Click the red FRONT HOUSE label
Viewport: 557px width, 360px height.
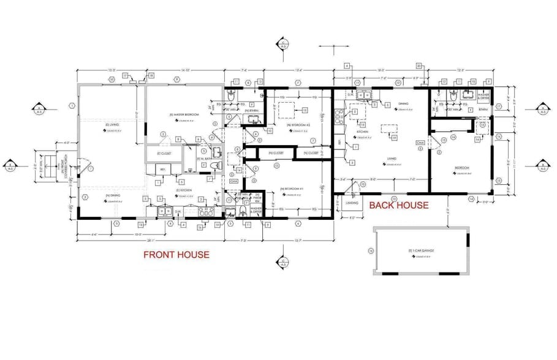tap(176, 254)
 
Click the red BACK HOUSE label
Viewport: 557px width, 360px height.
tap(398, 205)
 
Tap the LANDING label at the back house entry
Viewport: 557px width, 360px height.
tap(352, 203)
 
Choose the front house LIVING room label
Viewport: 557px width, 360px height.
tap(112, 125)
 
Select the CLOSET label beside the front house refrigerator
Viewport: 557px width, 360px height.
tap(163, 153)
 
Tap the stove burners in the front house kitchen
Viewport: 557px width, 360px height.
tap(207, 211)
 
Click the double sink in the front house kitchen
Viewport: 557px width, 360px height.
tap(165, 212)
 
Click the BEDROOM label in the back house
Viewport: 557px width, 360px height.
tap(461, 168)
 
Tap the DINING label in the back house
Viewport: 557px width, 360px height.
tap(403, 104)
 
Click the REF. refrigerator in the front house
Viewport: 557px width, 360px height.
tap(162, 170)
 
